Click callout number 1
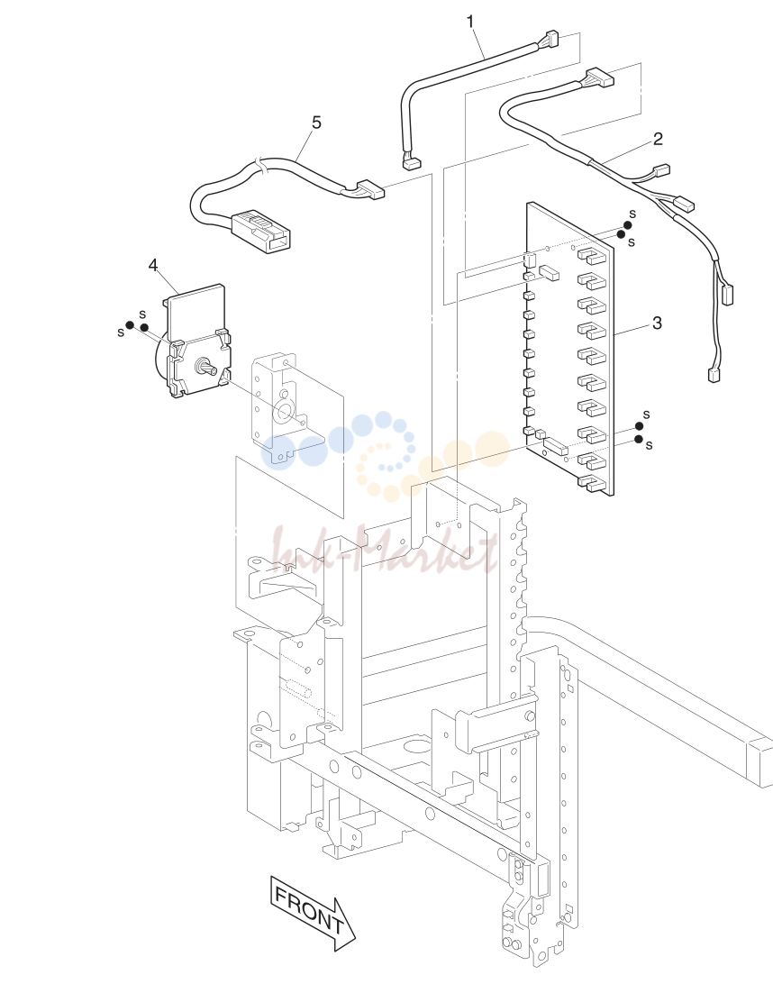[470, 22]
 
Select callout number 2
[658, 139]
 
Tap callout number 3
[657, 323]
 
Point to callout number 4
[154, 266]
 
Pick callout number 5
[316, 123]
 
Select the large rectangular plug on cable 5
[261, 231]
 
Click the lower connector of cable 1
[411, 163]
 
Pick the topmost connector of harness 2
[598, 77]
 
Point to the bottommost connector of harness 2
[714, 375]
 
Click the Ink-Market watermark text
[384, 550]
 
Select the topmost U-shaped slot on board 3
[592, 254]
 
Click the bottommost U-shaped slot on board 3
[592, 484]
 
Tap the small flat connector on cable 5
[370, 190]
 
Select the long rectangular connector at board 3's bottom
[556, 446]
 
